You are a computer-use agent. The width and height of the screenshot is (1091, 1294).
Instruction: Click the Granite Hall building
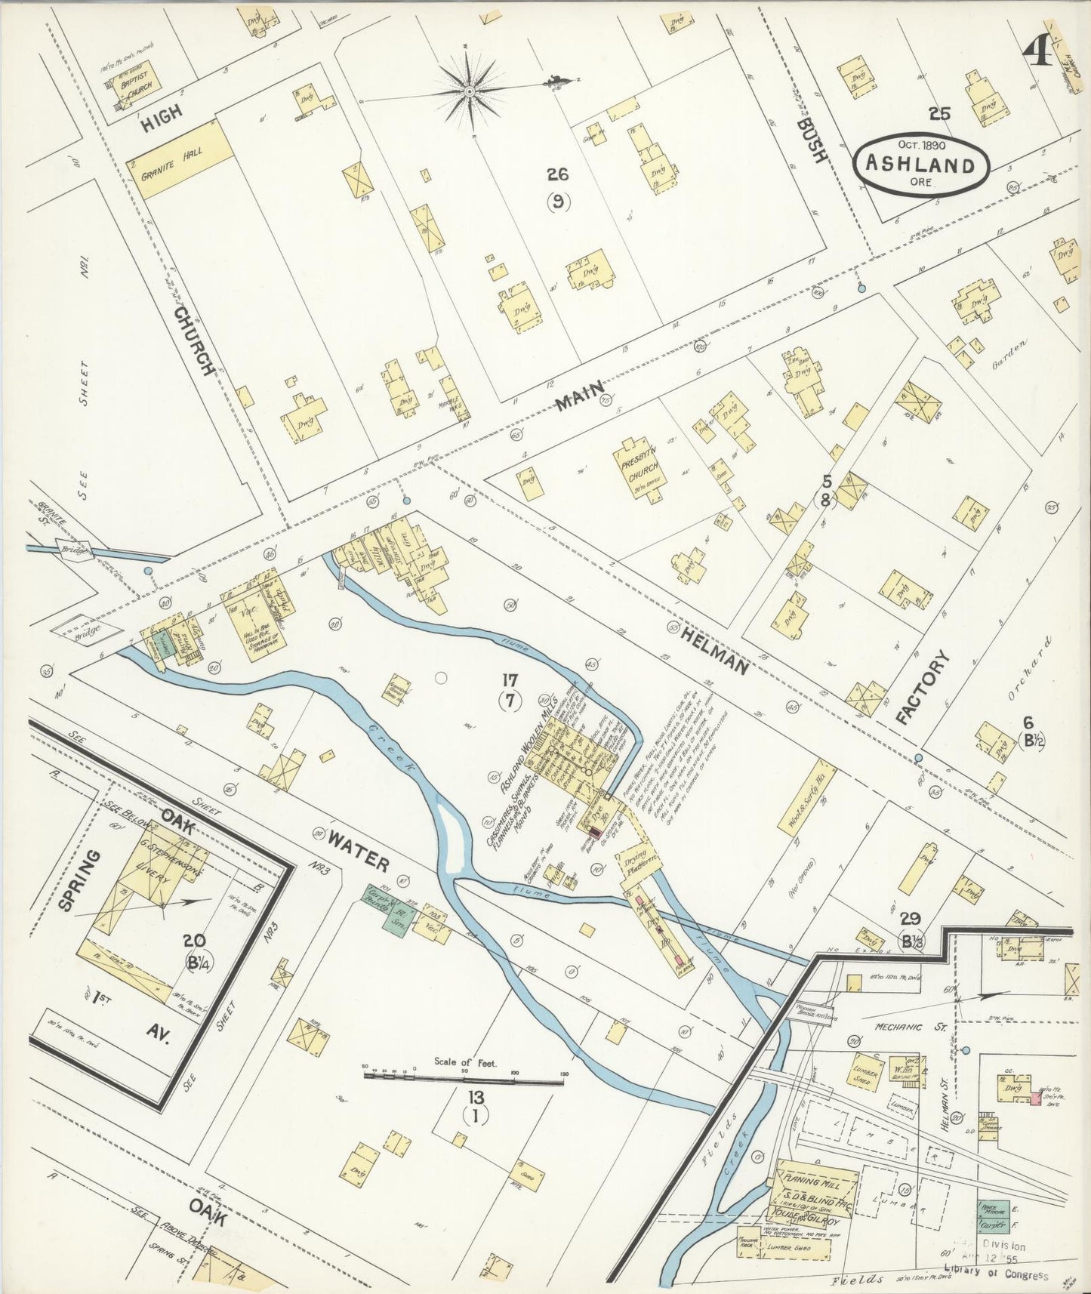coord(180,161)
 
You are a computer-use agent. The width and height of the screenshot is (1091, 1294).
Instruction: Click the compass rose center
coord(470,91)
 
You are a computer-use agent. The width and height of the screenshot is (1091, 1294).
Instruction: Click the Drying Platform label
coord(641,860)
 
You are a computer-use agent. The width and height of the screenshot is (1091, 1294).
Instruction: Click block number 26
coord(558,175)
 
